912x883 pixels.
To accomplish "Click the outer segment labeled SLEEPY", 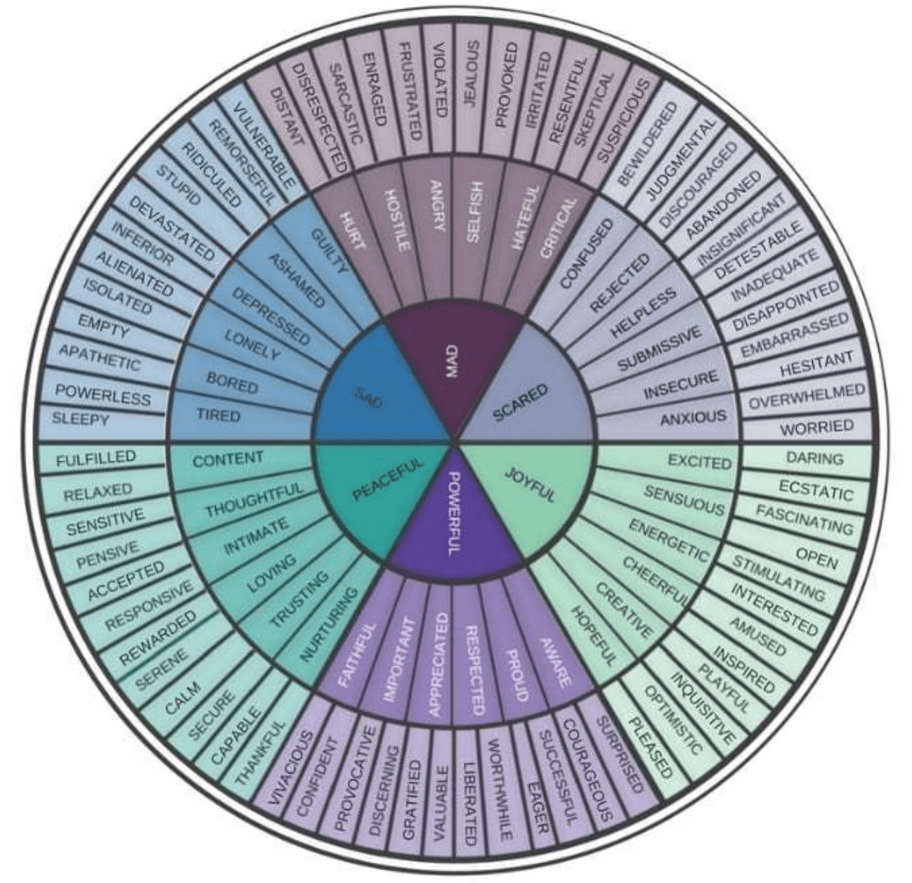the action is pyautogui.click(x=81, y=420).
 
